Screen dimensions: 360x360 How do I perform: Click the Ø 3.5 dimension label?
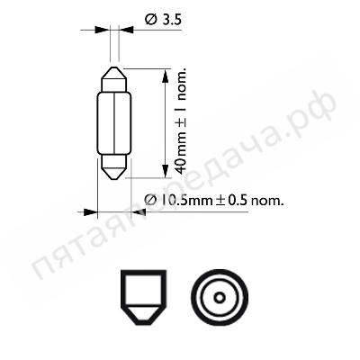[x=163, y=20]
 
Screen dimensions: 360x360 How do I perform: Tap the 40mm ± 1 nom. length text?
[x=181, y=121]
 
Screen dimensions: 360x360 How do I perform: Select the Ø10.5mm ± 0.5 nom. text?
[x=214, y=201]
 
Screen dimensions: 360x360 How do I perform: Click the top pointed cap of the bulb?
[x=114, y=79]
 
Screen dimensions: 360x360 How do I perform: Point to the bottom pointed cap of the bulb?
[x=114, y=167]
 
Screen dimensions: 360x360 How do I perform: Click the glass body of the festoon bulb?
[x=114, y=123]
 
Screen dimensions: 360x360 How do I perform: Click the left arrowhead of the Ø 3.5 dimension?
[x=102, y=30]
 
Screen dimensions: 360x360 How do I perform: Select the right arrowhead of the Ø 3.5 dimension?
[x=126, y=30]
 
